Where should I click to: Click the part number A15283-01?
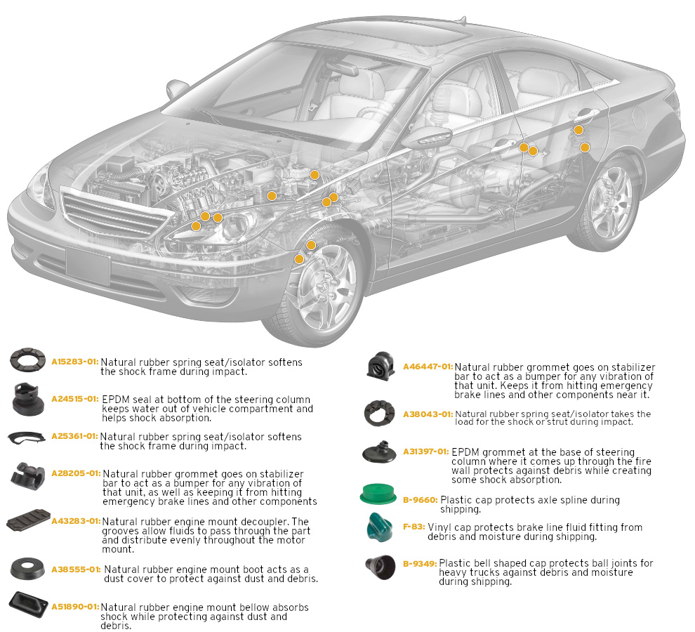(x=74, y=361)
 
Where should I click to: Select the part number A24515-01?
(x=74, y=398)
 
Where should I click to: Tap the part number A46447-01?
(x=428, y=367)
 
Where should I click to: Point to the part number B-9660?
(x=421, y=500)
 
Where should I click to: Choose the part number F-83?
(x=411, y=527)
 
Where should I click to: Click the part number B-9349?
(x=420, y=562)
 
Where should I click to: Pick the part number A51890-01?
(x=74, y=606)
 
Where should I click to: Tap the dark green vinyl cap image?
(x=380, y=527)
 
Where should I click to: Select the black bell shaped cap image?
(x=380, y=565)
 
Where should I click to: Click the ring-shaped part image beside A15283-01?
(x=28, y=361)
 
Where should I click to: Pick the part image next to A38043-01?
(x=380, y=414)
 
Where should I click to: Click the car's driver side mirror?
(x=430, y=136)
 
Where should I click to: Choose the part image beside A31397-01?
(x=380, y=453)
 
